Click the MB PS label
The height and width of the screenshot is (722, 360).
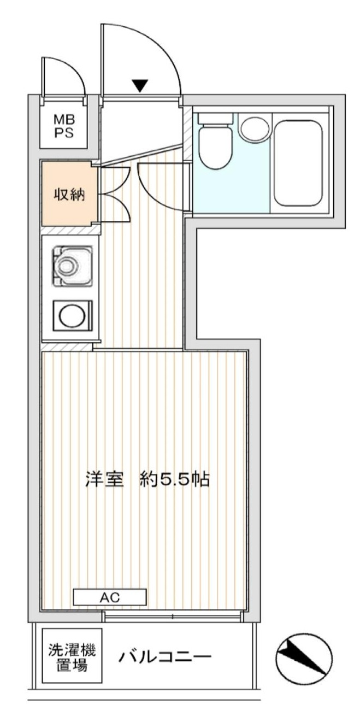click(64, 127)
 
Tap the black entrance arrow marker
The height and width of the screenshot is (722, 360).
click(140, 85)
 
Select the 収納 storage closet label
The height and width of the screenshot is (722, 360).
click(69, 195)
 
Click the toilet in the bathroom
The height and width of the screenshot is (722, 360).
click(215, 141)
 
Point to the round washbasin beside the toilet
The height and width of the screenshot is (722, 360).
click(255, 129)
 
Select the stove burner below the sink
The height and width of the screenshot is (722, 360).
click(73, 315)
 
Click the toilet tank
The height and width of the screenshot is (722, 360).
click(215, 119)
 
